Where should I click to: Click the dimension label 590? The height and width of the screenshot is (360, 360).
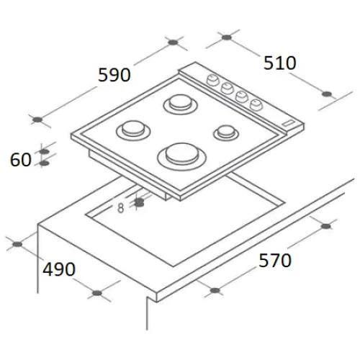coord(114,74)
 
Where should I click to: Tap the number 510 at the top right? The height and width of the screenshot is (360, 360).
coord(280,63)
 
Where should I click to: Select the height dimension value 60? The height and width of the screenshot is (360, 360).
coord(21,159)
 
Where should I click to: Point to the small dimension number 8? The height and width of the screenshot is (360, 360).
coord(120,208)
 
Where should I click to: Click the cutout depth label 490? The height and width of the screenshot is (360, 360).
coord(59,269)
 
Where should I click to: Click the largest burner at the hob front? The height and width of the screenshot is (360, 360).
coord(180,153)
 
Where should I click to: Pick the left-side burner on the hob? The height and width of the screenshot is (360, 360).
coord(132,130)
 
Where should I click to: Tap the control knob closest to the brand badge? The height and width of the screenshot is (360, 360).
coord(255,104)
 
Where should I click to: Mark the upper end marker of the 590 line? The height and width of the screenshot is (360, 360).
coord(171,42)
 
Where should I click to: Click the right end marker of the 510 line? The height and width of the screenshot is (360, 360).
coord(328,94)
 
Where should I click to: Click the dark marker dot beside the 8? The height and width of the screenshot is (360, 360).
coord(139,204)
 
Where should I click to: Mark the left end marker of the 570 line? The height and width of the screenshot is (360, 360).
coord(214,292)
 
